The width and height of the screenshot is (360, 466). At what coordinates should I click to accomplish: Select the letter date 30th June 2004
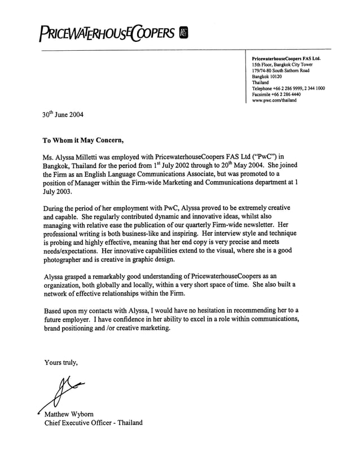coord(63,114)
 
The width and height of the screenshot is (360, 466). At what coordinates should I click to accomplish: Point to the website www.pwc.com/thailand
coord(274,100)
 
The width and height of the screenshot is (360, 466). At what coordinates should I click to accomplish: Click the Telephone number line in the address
coord(288,88)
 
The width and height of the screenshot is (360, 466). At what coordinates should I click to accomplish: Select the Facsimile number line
coord(276,94)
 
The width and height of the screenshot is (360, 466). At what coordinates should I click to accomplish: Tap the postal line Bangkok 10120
coord(267,76)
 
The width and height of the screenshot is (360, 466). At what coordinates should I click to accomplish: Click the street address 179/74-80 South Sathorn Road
coord(280,70)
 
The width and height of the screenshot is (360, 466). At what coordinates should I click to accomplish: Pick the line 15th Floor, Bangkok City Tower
coord(282,64)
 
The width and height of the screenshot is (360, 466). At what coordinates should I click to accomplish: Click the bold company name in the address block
coord(286,58)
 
